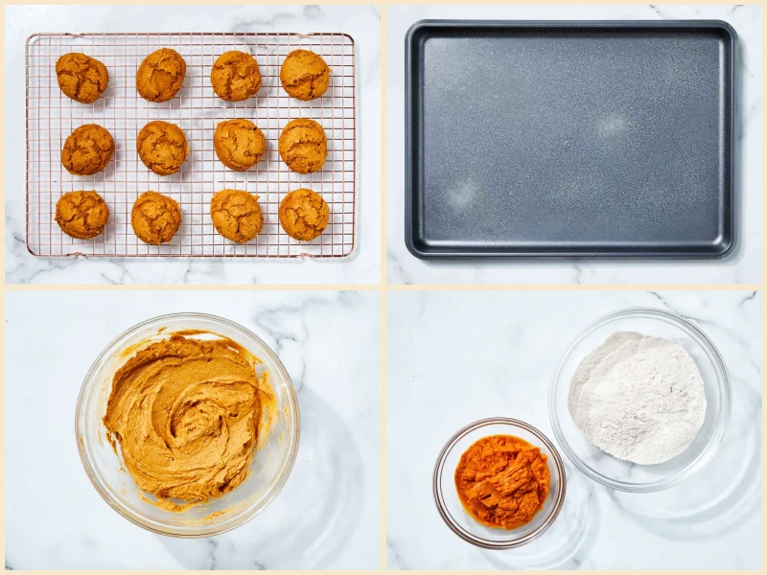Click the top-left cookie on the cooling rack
click(81, 77)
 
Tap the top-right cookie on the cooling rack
click(305, 75)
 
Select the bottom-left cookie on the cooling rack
click(81, 214)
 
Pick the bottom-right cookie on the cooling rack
click(304, 214)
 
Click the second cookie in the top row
click(160, 75)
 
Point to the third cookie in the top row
click(236, 76)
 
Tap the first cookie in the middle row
click(87, 149)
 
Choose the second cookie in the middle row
click(162, 147)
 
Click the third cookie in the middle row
click(239, 145)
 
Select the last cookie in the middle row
click(303, 146)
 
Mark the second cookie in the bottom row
click(155, 218)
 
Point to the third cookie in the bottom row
click(236, 216)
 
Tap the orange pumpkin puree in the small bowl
click(501, 479)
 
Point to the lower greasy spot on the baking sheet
click(463, 194)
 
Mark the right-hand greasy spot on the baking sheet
click(612, 125)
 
